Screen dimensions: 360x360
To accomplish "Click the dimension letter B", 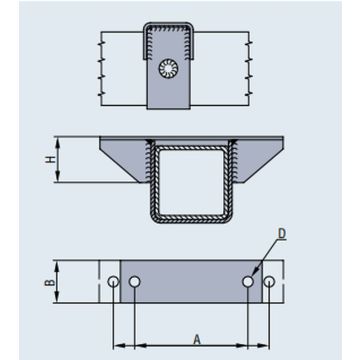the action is click(50, 282).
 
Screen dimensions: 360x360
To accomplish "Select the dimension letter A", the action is click(197, 339).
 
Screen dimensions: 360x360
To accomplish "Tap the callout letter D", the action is click(282, 234).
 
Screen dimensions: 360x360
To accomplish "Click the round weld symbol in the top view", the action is click(168, 69).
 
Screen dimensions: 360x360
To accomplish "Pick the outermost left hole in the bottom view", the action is click(113, 282).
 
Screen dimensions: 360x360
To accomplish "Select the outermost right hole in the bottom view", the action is click(269, 282).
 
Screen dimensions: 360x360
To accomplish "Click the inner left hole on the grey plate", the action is click(135, 282).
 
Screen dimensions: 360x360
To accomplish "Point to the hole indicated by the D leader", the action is click(248, 282).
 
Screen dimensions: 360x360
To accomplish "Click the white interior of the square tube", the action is click(191, 182).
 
